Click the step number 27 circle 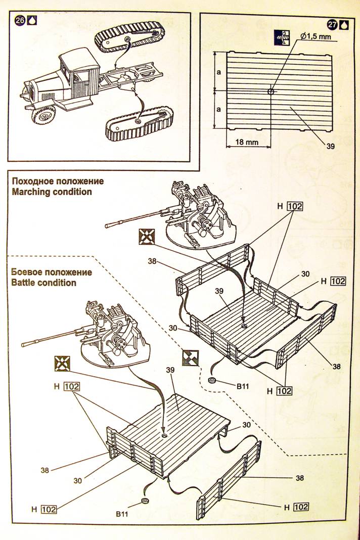[332, 24]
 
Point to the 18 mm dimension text [247, 143]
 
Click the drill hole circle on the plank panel [271, 92]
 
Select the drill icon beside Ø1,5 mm [281, 36]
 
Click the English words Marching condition [52, 192]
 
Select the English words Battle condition [43, 283]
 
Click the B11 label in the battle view [122, 514]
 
